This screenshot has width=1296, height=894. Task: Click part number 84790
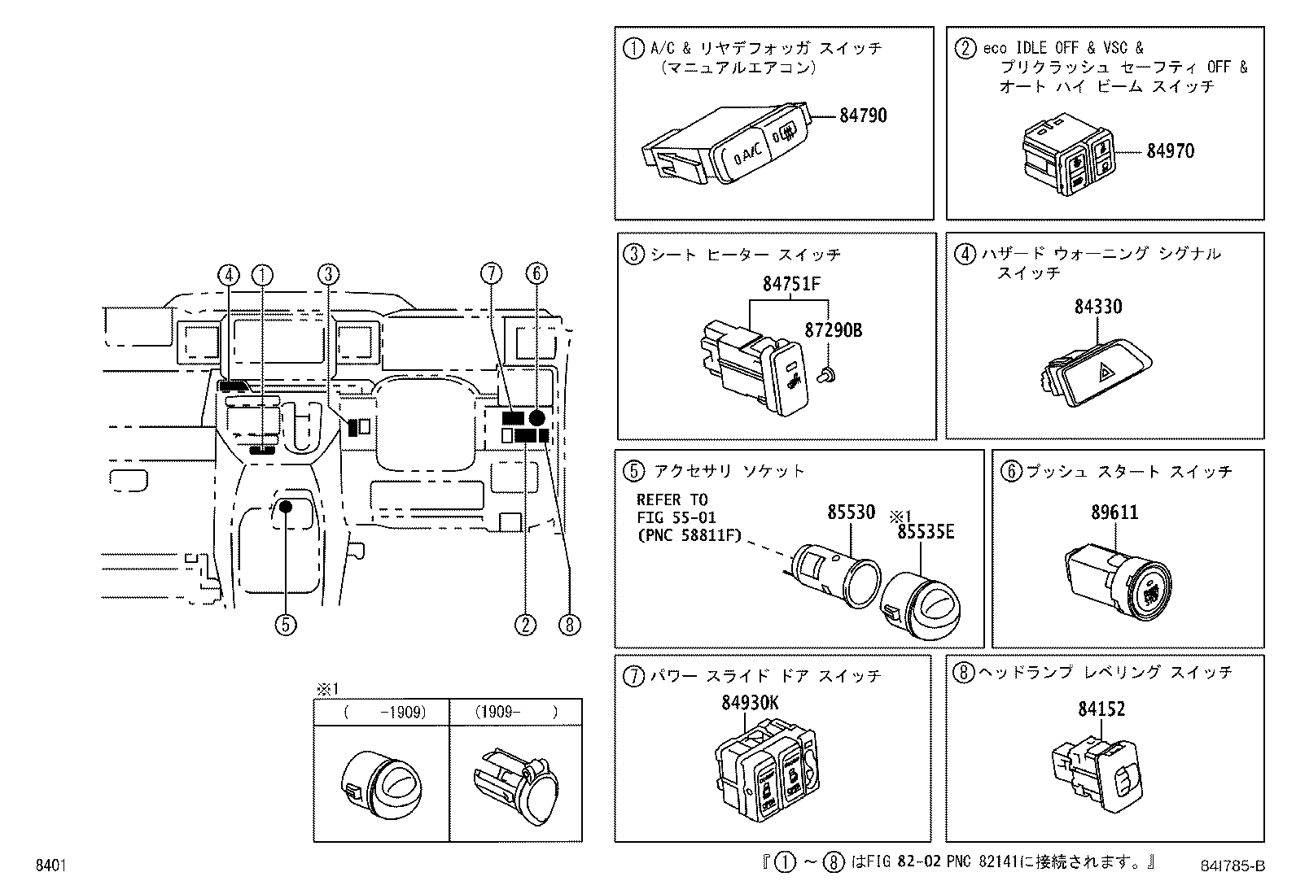pos(863,116)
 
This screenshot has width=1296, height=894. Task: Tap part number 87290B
pos(833,331)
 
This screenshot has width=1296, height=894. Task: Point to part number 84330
pos(1097,307)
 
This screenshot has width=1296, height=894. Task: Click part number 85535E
pos(925,532)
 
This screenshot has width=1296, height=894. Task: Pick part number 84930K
pos(749,703)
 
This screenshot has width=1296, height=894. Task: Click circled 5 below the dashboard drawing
pos(284,624)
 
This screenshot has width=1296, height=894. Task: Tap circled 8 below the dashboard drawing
pos(569,624)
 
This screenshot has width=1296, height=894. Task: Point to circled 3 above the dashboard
pos(328,274)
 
